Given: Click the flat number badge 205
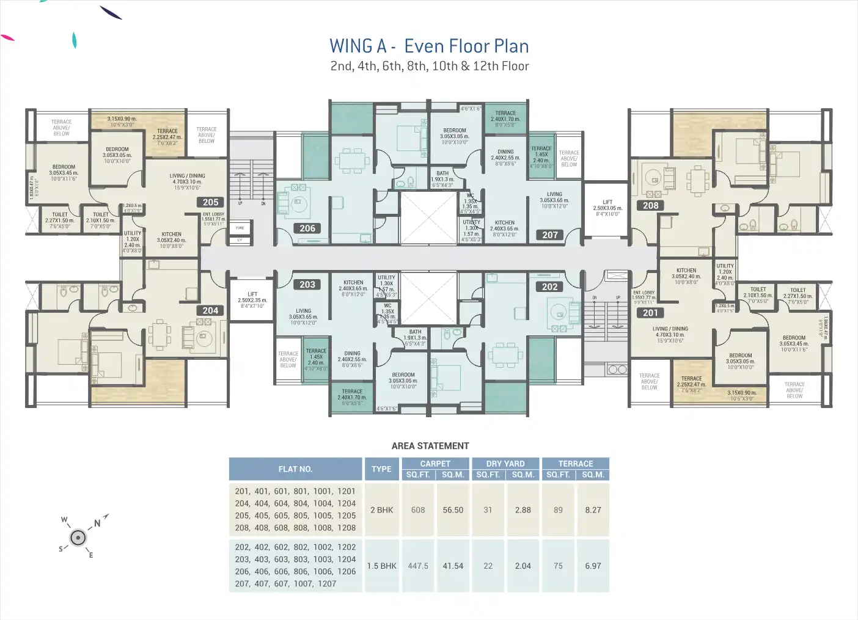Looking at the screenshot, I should click(x=211, y=202).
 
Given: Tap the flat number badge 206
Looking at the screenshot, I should click(x=307, y=228).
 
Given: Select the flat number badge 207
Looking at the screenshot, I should click(x=550, y=235).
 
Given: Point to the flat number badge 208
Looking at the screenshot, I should click(x=651, y=206).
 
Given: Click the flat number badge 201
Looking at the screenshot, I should click(x=650, y=313).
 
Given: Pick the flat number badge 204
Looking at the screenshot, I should click(x=210, y=311).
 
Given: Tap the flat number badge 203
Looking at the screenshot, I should click(x=307, y=285).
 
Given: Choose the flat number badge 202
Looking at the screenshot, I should click(x=550, y=287).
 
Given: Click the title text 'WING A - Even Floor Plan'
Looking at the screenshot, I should click(x=429, y=46).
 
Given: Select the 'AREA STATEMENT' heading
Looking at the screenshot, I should click(x=430, y=446).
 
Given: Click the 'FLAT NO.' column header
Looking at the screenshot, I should click(x=295, y=469).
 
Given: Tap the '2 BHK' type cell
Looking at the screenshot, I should click(x=381, y=510).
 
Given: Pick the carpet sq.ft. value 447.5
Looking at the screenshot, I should click(x=418, y=566).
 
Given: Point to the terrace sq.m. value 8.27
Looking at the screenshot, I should click(x=593, y=510).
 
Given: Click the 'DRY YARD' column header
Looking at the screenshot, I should click(x=505, y=464).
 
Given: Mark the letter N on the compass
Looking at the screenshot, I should click(x=97, y=523).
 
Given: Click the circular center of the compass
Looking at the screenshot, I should click(x=78, y=538).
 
